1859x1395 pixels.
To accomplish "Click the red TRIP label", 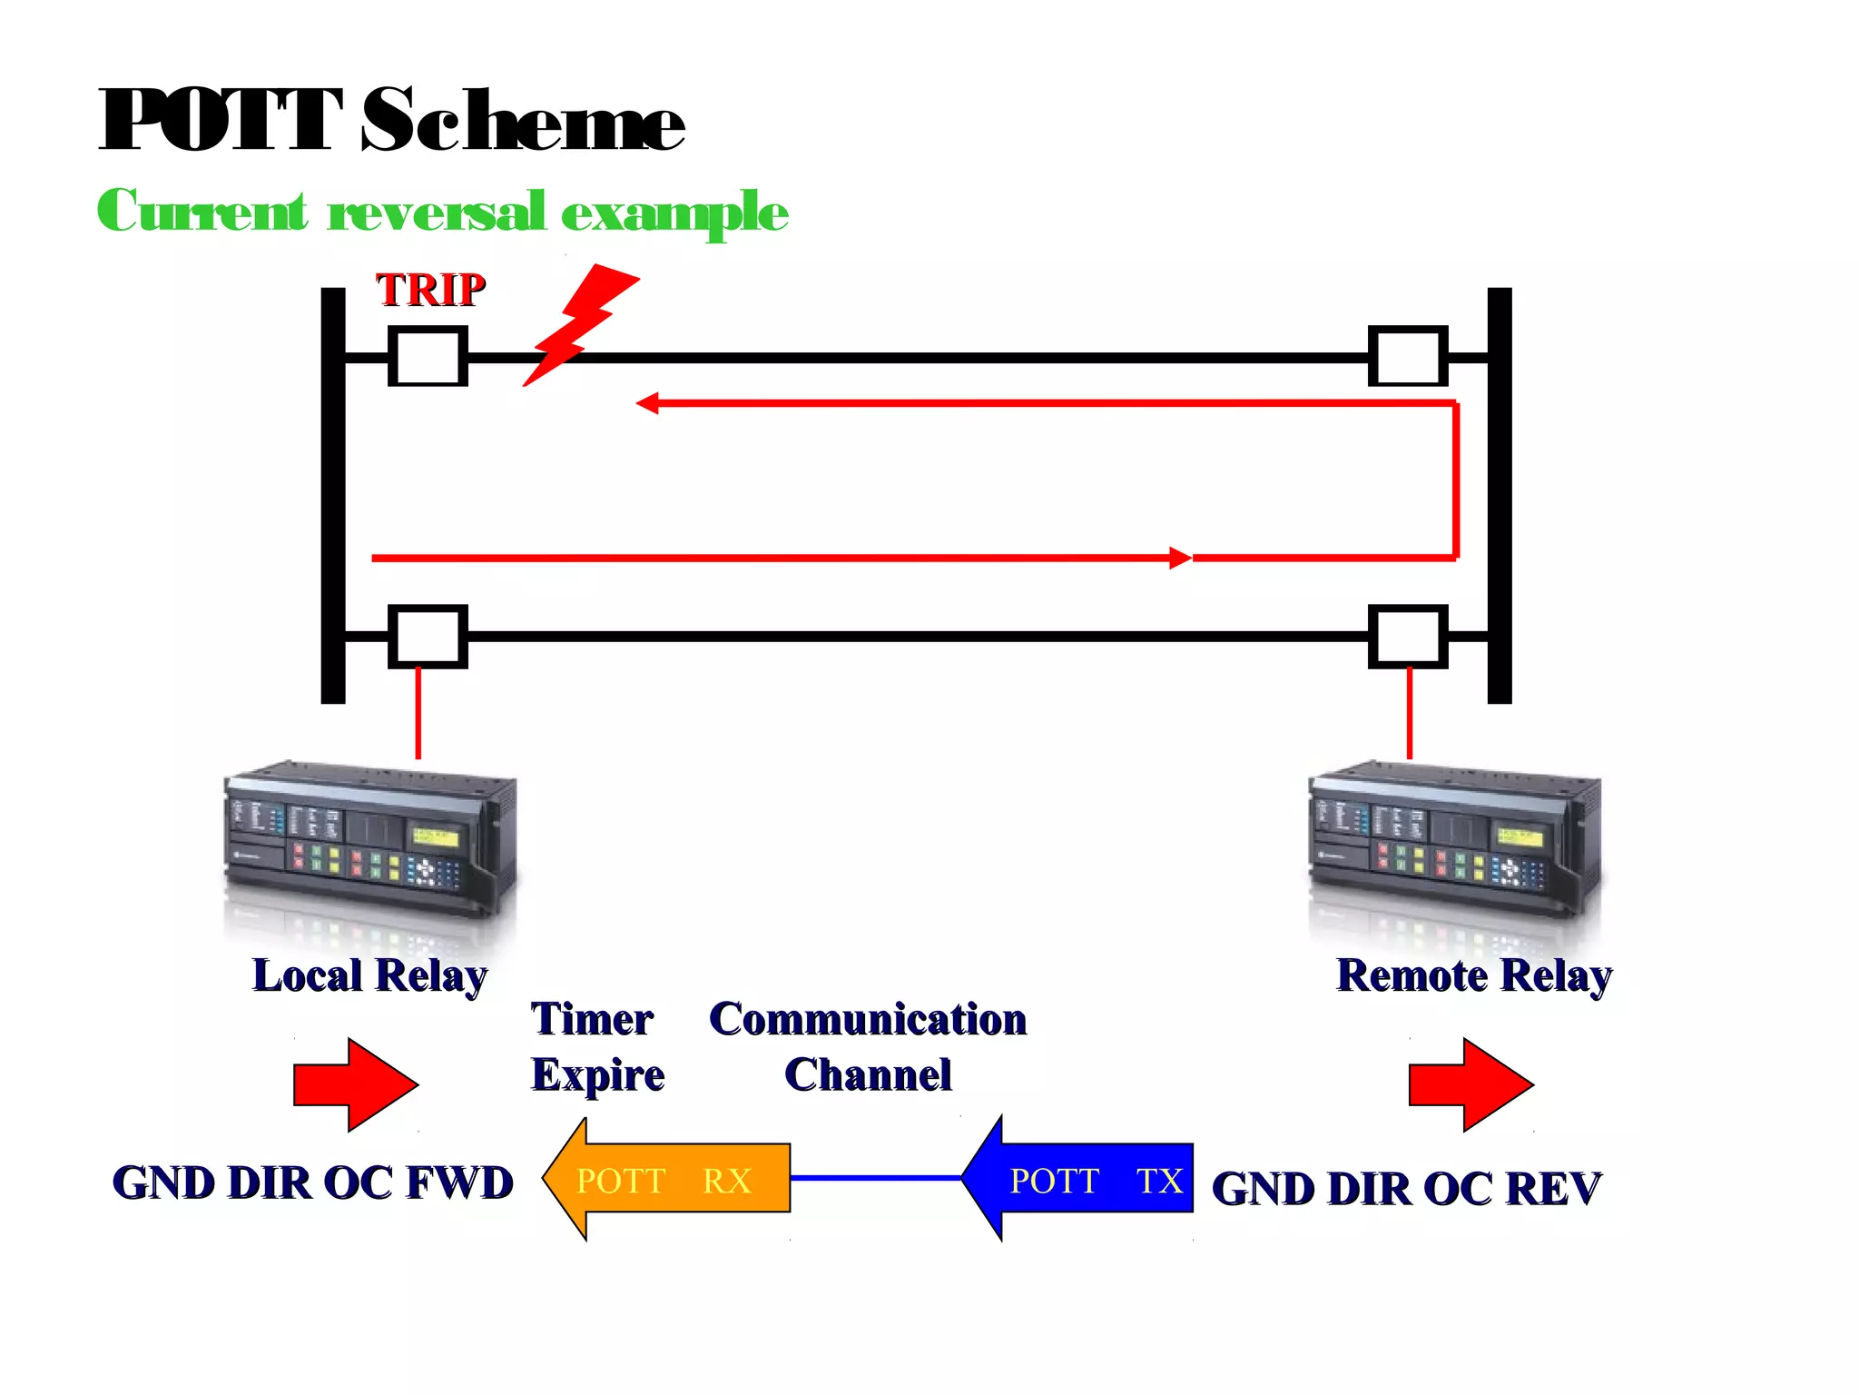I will tap(431, 291).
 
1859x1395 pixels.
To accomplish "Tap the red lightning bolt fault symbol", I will tap(582, 322).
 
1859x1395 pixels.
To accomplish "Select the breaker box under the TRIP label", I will tap(428, 357).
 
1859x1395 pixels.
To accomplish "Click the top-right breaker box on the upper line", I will tap(1407, 357).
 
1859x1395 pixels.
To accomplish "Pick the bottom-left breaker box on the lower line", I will tap(428, 637).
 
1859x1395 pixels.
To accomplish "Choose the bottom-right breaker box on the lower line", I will tap(1407, 637).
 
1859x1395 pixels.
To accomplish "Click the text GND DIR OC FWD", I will tap(312, 1182).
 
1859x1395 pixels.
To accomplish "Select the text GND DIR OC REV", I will tap(1406, 1189).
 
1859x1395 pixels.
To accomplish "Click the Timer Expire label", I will tap(596, 1046).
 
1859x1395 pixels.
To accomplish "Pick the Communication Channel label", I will tap(868, 1046).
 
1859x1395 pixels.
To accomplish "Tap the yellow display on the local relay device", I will tap(435, 836).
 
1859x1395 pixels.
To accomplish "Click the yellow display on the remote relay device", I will tap(1520, 836).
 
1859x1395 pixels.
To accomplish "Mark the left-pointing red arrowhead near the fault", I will tap(647, 403).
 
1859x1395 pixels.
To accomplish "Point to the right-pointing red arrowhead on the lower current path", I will tap(1179, 558).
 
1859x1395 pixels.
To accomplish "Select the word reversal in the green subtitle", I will tap(436, 213).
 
